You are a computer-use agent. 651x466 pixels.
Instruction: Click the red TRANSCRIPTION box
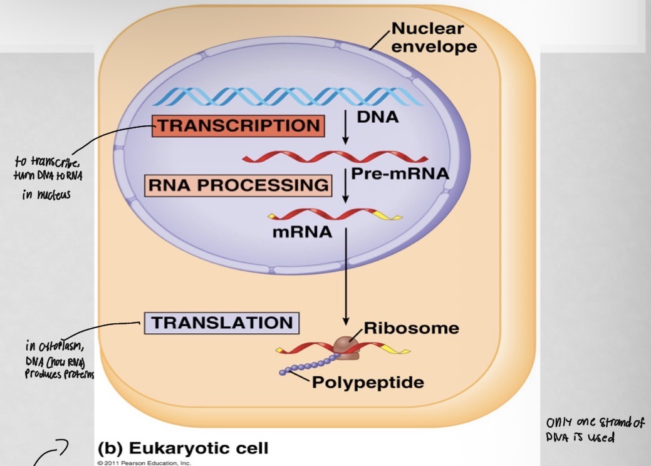pyautogui.click(x=238, y=125)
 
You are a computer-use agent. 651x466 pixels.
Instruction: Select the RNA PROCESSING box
pyautogui.click(x=237, y=186)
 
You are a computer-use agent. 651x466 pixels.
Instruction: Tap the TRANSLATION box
pyautogui.click(x=222, y=323)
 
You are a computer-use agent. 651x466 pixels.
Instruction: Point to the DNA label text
pyautogui.click(x=378, y=117)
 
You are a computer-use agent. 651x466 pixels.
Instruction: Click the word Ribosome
pyautogui.click(x=411, y=328)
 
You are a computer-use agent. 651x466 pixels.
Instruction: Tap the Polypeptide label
pyautogui.click(x=368, y=382)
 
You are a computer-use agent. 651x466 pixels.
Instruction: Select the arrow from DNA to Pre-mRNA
pyautogui.click(x=345, y=129)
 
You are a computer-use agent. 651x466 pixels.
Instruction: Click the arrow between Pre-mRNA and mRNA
pyautogui.click(x=345, y=187)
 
